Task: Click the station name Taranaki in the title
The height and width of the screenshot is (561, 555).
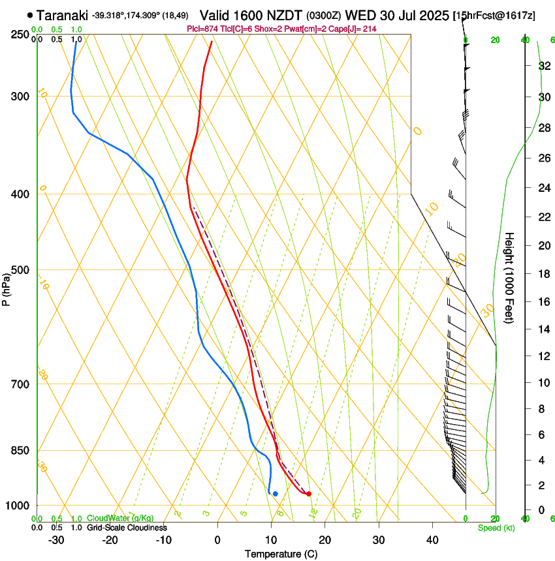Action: (x=62, y=15)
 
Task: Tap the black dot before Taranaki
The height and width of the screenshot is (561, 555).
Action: (x=30, y=14)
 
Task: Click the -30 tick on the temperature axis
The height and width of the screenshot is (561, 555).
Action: (x=55, y=539)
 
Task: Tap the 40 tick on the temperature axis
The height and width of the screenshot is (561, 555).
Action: (x=432, y=539)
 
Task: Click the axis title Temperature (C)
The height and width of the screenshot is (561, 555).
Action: (x=281, y=554)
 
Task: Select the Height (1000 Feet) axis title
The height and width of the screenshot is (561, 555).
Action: (x=510, y=277)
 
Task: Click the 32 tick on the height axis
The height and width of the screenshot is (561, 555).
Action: (x=543, y=66)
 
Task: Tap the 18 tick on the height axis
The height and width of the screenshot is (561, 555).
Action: (x=543, y=274)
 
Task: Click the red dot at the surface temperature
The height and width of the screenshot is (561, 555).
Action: (x=309, y=494)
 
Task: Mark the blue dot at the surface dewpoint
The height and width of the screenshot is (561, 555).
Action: (x=276, y=494)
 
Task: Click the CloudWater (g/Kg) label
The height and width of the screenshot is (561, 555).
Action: (x=121, y=519)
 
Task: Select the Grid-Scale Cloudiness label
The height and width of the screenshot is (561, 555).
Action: (x=127, y=527)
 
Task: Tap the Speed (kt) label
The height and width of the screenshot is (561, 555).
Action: (x=496, y=528)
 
